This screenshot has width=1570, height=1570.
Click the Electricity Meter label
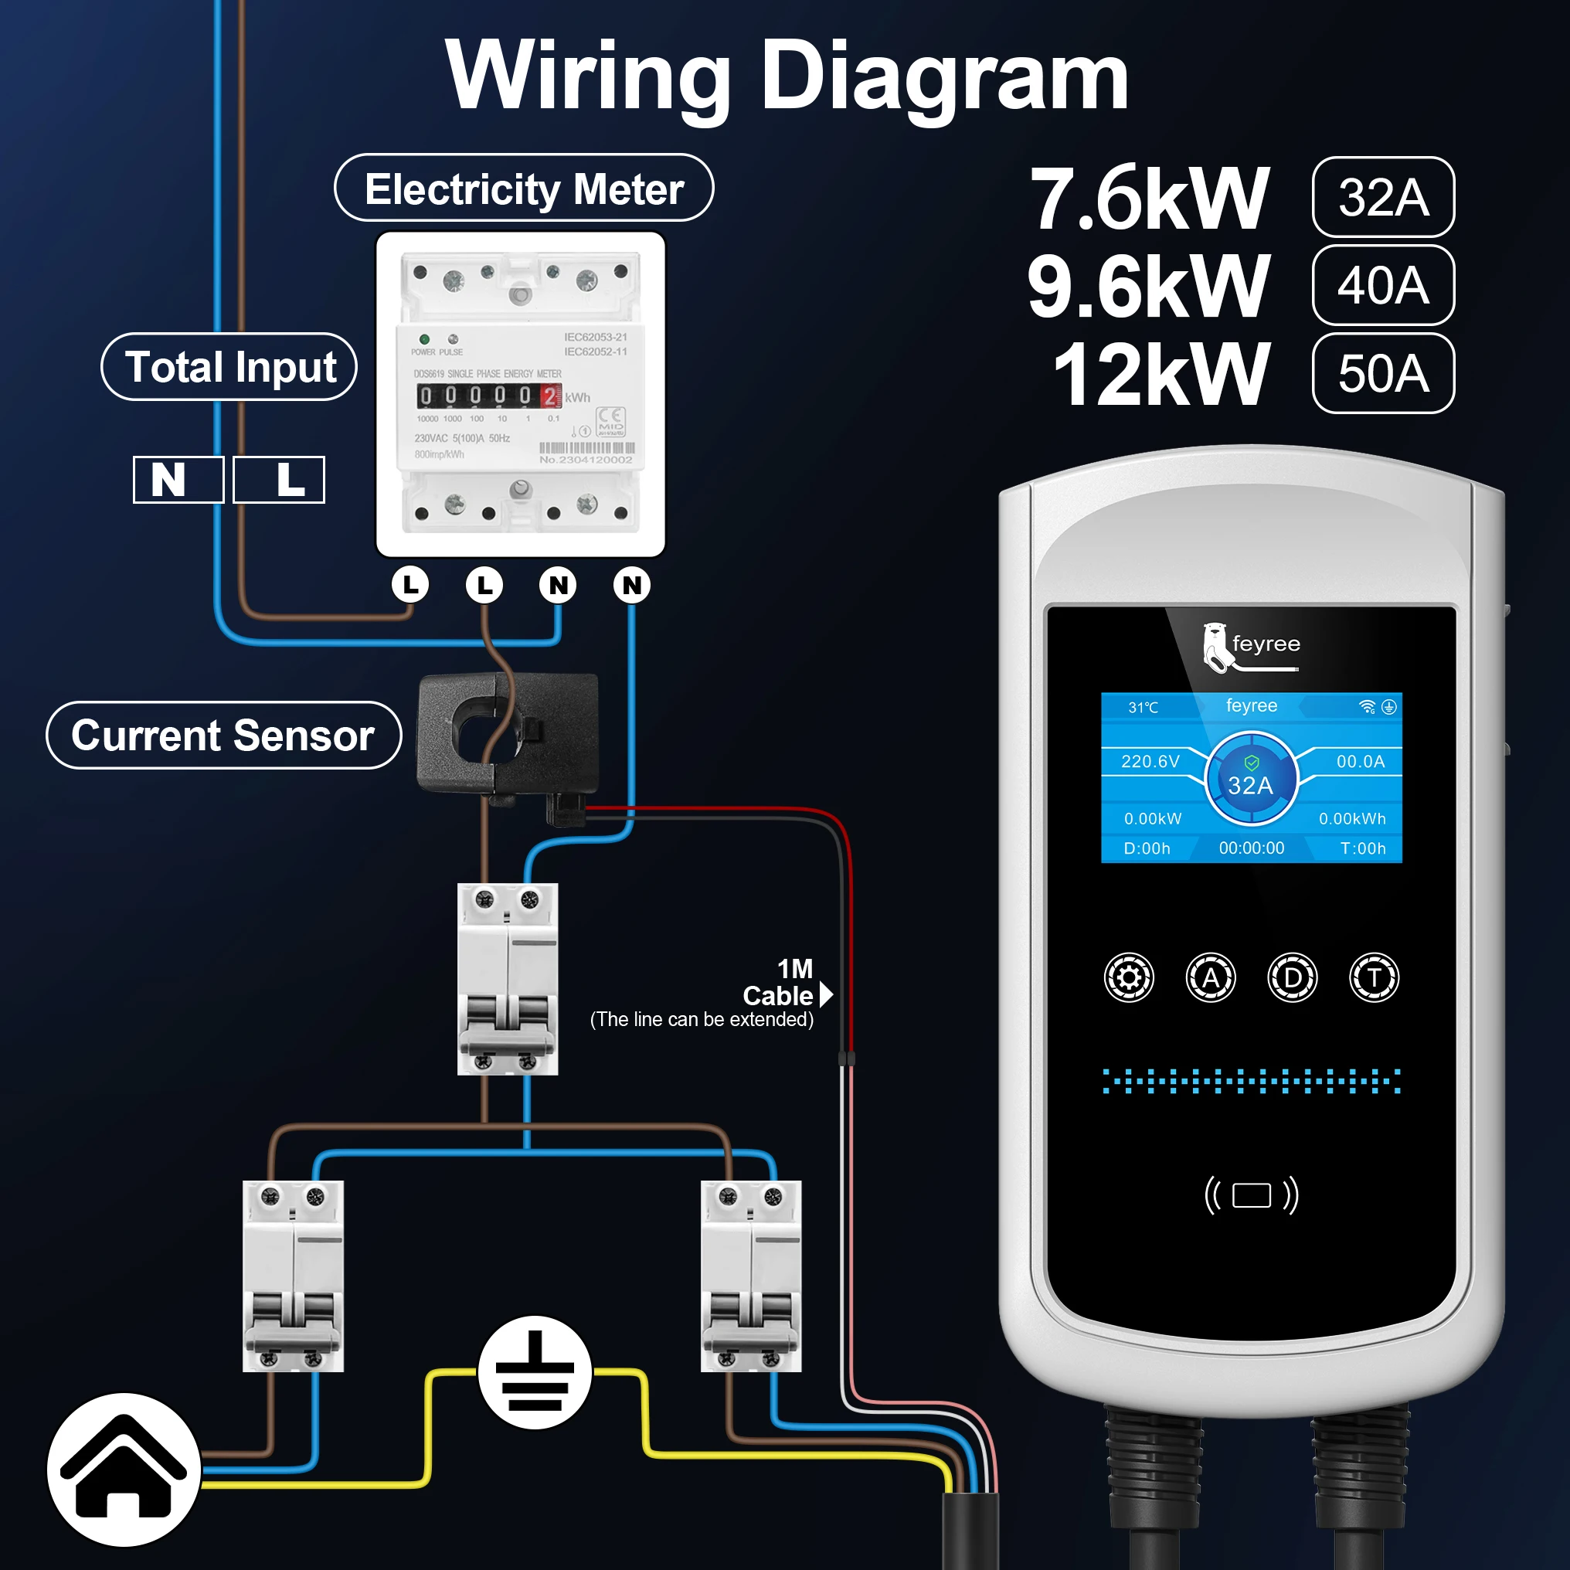523,189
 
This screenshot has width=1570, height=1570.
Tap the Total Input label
229,367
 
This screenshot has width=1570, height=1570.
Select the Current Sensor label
223,736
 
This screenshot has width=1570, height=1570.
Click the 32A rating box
1382,198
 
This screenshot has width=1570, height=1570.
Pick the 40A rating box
1382,285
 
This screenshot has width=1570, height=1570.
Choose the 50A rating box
1382,374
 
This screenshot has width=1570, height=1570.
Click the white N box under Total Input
178,480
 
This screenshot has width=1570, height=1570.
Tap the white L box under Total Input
279,480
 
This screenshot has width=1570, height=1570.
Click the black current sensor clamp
508,736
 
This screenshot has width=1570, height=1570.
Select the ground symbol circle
535,1372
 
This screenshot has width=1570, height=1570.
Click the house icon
124,1470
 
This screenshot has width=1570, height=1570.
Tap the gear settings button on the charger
1129,977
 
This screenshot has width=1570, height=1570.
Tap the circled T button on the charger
1375,977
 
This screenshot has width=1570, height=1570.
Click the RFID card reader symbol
1252,1195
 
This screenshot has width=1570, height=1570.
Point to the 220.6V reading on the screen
1150,761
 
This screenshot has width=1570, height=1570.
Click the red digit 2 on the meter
550,396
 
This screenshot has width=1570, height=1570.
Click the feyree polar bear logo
1216,646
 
